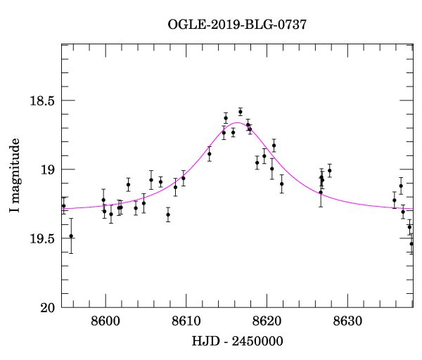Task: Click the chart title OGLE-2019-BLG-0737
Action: click(237, 25)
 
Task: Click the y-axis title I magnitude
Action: click(15, 176)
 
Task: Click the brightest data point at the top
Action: click(240, 112)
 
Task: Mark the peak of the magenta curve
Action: click(238, 122)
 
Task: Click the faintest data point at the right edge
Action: click(411, 244)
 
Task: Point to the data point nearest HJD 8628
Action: click(329, 171)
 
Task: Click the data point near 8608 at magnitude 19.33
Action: click(168, 214)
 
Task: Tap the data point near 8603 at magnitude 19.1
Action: click(128, 184)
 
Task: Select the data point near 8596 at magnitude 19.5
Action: click(71, 236)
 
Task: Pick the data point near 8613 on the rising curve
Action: click(210, 153)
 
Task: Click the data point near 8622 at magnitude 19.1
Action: click(281, 184)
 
